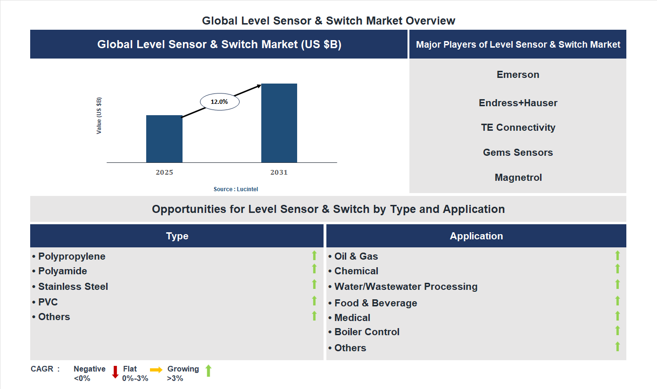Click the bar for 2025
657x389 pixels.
coord(164,139)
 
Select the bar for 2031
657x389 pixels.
coord(279,123)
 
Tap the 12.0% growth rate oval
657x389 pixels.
coord(220,101)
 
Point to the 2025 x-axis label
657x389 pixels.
coord(164,172)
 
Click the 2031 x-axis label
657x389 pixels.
coord(279,172)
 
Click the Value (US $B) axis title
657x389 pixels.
coord(99,116)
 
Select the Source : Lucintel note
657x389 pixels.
coord(236,189)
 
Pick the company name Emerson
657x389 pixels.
coord(518,75)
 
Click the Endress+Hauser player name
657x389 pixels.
coord(518,103)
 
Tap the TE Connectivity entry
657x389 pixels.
coord(518,127)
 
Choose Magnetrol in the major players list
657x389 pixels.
coord(518,178)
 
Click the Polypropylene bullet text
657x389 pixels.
coord(72,256)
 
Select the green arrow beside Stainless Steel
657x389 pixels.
coord(314,284)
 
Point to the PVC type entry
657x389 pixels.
coord(48,302)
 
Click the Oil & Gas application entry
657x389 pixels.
coord(356,256)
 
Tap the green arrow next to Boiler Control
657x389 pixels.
coord(617,330)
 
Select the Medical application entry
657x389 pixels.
coord(352,318)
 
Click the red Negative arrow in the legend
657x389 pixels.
coord(115,372)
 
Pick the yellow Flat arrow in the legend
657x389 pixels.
coord(156,370)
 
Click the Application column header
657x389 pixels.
coord(476,236)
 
